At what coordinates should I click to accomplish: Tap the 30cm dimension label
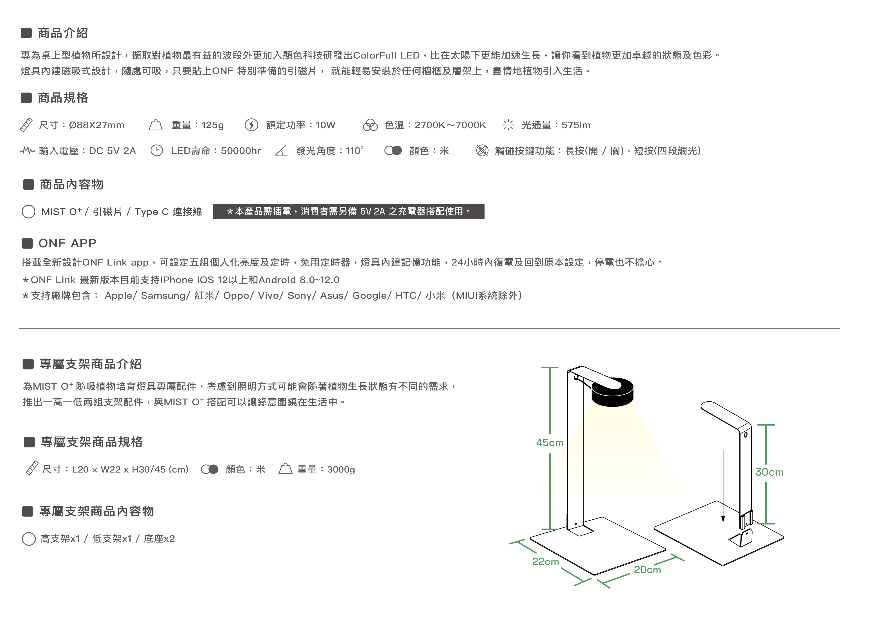[x=769, y=472]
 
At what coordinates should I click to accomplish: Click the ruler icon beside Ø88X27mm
[x=26, y=125]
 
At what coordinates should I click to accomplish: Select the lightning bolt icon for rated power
[x=251, y=125]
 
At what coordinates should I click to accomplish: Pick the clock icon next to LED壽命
[x=157, y=151]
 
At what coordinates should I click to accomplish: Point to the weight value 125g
[x=212, y=125]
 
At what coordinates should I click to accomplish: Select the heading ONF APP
[x=67, y=243]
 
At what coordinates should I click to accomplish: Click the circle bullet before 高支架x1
[x=29, y=539]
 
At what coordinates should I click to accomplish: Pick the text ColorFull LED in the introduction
[x=386, y=56]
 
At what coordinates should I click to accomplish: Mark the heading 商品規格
[x=63, y=98]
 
